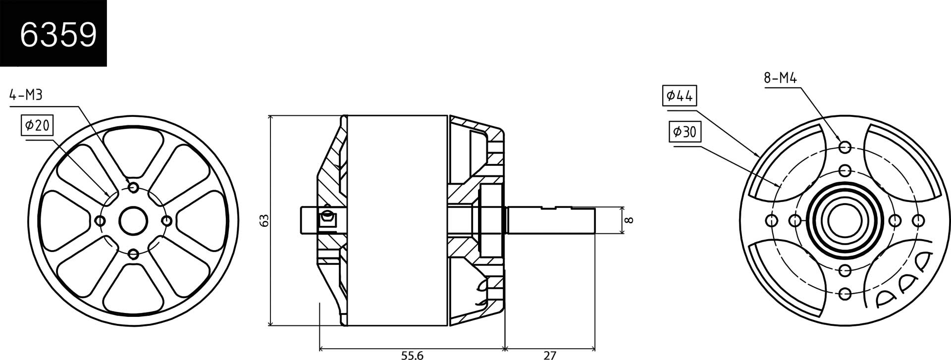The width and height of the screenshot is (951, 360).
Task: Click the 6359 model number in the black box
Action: coord(58,35)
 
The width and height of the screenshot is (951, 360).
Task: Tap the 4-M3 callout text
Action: coord(26,95)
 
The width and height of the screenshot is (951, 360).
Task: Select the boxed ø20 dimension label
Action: coord(37,126)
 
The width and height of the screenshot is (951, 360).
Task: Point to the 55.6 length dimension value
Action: coord(412,355)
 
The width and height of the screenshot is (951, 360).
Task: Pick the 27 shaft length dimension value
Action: coord(550,355)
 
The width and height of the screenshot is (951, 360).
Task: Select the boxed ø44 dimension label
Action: coord(679,96)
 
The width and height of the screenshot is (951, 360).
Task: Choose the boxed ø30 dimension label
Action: coord(685,132)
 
